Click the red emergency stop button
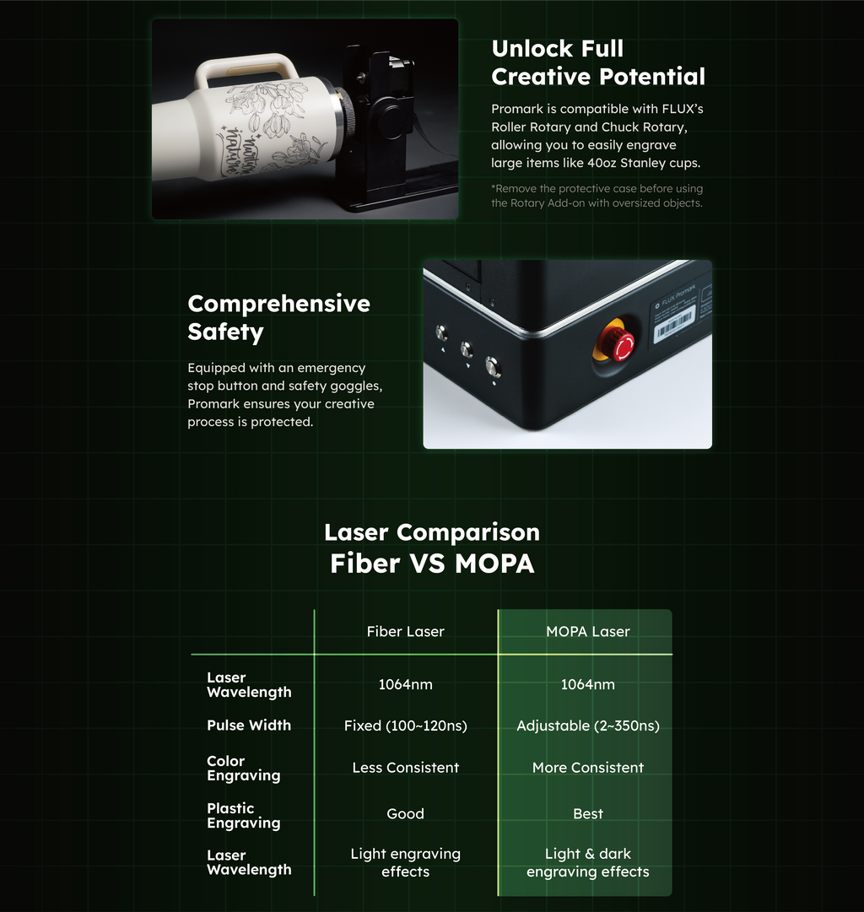[621, 346]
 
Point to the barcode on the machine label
[674, 324]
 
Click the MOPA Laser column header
[587, 632]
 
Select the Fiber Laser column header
[406, 632]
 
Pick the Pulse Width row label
[249, 726]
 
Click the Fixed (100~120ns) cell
[406, 726]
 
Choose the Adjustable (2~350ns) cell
[587, 726]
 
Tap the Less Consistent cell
[406, 768]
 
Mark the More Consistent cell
[587, 768]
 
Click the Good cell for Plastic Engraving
[406, 813]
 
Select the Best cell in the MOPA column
[587, 813]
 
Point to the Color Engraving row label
[244, 769]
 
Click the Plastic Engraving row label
[244, 816]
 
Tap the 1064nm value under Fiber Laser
[406, 684]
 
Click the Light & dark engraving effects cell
[587, 862]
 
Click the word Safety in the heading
[226, 332]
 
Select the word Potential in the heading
[651, 77]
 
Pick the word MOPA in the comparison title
[494, 564]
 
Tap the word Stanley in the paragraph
[642, 163]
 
